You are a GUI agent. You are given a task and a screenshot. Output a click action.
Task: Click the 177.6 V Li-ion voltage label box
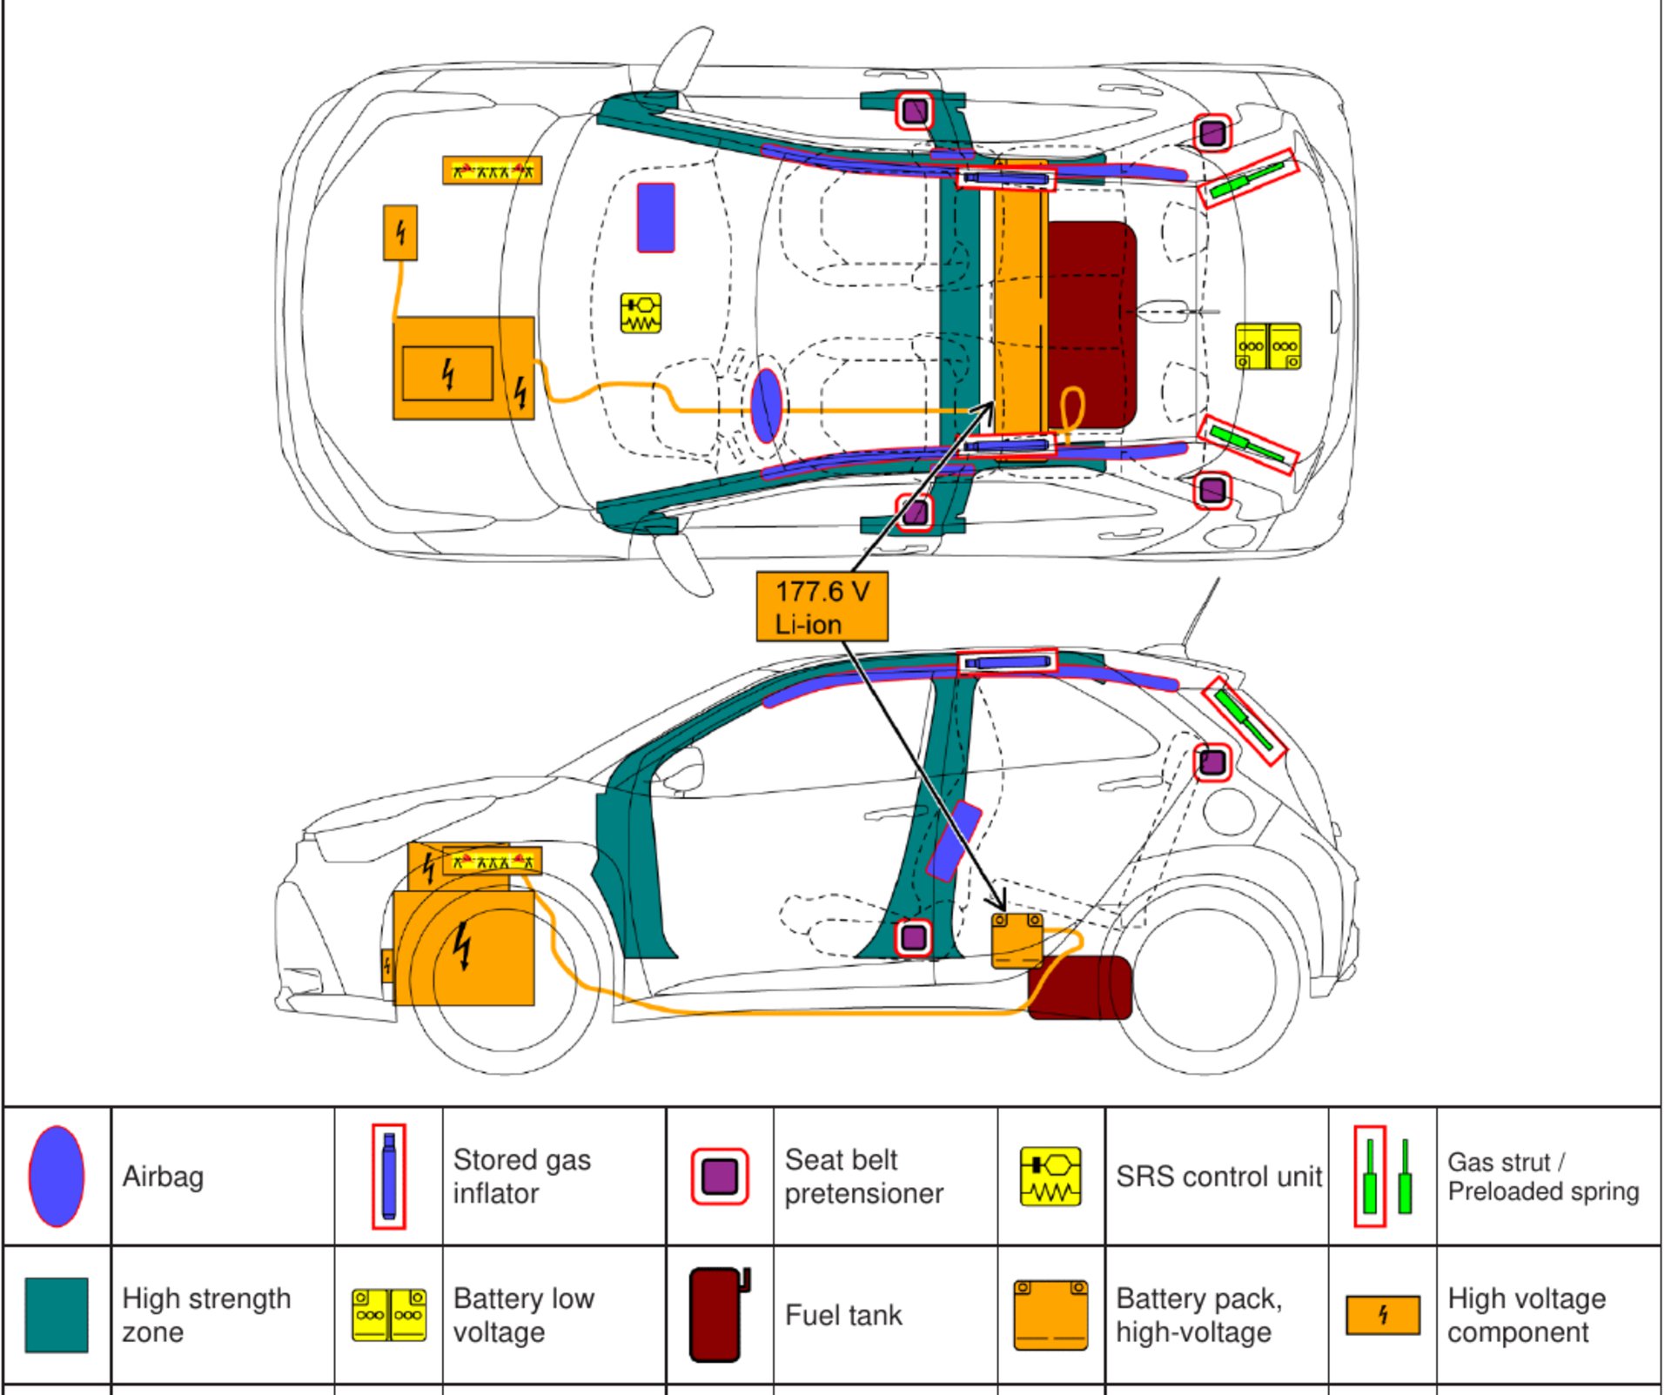[x=822, y=607]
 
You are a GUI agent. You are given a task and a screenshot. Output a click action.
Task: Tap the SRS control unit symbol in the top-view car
[x=641, y=313]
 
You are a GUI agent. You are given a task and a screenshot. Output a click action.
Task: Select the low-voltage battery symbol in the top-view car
[x=1268, y=346]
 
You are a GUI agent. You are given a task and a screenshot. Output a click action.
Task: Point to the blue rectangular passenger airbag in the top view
[x=655, y=218]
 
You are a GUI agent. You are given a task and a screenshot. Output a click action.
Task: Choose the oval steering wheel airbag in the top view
[x=766, y=405]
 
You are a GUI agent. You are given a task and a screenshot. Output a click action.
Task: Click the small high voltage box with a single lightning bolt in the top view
[x=400, y=232]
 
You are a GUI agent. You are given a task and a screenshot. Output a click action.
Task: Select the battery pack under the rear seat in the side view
[x=1017, y=940]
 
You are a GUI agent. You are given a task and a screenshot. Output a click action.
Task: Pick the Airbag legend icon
[x=57, y=1177]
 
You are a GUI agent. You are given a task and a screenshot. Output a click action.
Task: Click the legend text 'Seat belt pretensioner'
[x=863, y=1177]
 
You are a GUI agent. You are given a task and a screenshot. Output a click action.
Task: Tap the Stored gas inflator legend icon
[x=388, y=1177]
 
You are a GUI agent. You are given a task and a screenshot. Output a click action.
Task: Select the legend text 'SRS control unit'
[x=1218, y=1177]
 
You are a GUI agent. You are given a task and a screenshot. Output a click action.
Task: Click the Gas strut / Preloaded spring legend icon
[x=1384, y=1177]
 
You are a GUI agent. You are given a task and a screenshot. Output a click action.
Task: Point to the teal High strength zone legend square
[x=57, y=1315]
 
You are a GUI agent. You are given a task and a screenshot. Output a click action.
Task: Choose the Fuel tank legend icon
[x=718, y=1315]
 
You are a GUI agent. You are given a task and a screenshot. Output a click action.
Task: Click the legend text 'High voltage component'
[x=1526, y=1315]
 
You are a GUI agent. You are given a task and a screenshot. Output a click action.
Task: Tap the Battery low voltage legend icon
[x=388, y=1315]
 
